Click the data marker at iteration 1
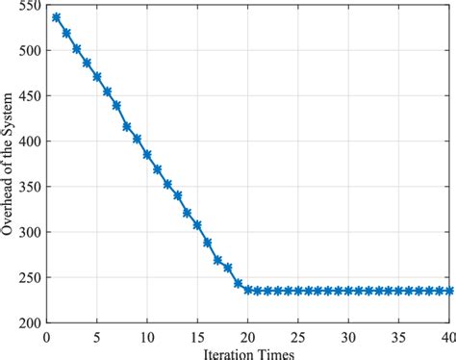[x=56, y=17]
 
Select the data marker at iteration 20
[x=248, y=289]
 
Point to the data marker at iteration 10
[x=147, y=154]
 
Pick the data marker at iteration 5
[x=96, y=76]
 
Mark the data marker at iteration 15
[x=197, y=225]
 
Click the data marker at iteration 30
[x=349, y=290]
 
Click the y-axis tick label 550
[x=29, y=6]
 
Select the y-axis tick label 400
[x=29, y=141]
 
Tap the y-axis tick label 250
[x=29, y=277]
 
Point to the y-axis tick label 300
[x=29, y=232]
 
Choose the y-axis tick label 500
[x=29, y=51]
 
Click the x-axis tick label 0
[x=46, y=337]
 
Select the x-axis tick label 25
[x=299, y=337]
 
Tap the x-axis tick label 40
[x=449, y=337]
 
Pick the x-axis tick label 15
[x=197, y=337]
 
